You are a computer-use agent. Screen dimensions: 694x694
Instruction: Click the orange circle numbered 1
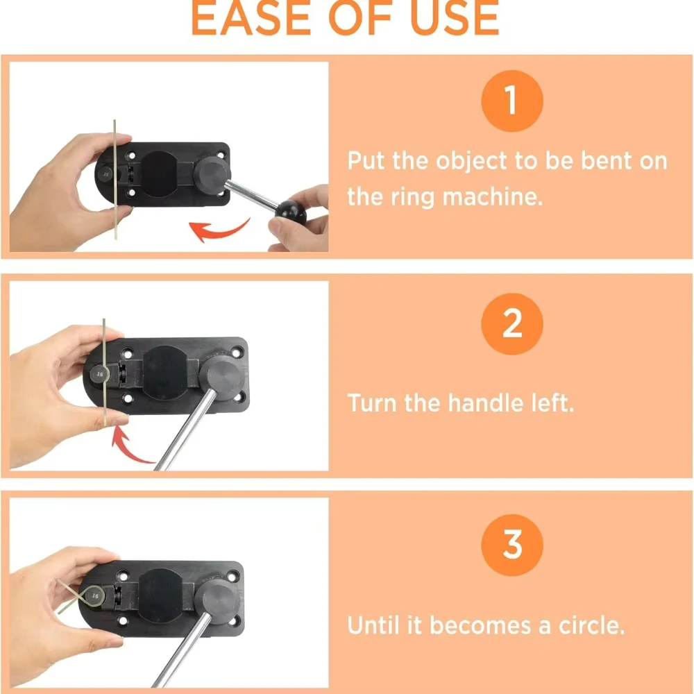coord(512,101)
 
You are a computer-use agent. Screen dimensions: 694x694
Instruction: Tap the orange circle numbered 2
coord(512,324)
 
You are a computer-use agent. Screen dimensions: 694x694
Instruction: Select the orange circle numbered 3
coord(512,545)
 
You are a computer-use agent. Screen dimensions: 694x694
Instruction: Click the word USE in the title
coord(455,18)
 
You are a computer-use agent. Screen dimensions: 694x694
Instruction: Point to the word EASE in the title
coord(251,18)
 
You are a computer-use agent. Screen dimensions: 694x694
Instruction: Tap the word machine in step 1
coord(493,196)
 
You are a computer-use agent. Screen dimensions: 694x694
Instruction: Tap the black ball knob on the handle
coord(290,212)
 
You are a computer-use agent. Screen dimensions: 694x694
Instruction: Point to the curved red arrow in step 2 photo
coord(128,448)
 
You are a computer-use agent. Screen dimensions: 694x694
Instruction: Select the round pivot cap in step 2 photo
coord(221,372)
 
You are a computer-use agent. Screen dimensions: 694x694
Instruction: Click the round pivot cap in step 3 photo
coord(217,598)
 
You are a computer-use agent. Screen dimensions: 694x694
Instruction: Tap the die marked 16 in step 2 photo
coord(100,375)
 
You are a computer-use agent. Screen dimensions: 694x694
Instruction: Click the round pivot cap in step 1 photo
coord(212,174)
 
